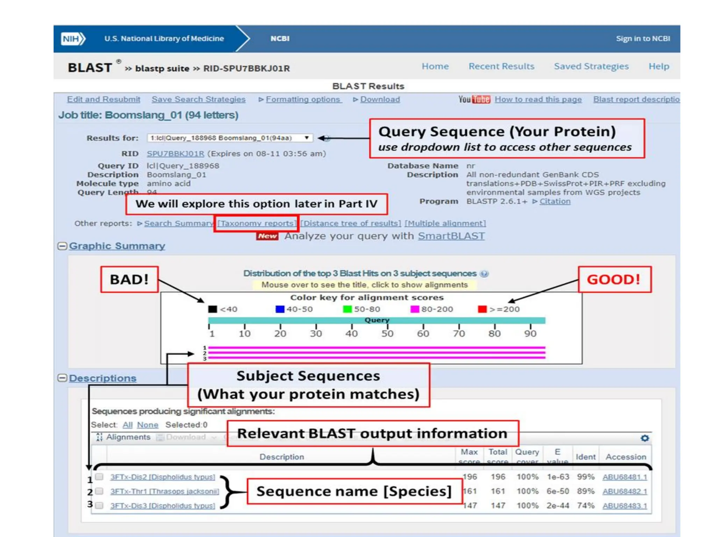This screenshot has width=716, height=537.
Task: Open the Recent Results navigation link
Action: click(x=501, y=66)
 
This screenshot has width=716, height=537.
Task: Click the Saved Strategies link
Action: click(x=591, y=66)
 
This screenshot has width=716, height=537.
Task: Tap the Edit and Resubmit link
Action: click(x=103, y=99)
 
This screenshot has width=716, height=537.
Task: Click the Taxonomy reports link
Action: click(x=257, y=223)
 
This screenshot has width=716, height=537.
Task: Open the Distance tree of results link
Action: click(x=351, y=223)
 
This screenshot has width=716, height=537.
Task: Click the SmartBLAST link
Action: click(x=451, y=236)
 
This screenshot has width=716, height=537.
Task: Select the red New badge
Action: click(x=267, y=236)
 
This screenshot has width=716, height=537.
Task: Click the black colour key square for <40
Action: click(x=213, y=309)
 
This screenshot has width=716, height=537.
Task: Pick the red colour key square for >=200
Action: click(x=482, y=309)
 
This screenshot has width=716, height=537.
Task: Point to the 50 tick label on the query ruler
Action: click(x=387, y=334)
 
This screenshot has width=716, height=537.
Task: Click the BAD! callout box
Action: click(x=129, y=279)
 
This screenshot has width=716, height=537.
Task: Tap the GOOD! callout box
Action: click(x=614, y=279)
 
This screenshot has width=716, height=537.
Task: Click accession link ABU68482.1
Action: click(x=625, y=492)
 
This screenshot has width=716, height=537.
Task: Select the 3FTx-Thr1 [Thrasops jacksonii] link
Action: click(x=165, y=492)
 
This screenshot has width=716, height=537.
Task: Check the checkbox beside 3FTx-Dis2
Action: click(x=100, y=477)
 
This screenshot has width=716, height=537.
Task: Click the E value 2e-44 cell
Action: click(x=558, y=506)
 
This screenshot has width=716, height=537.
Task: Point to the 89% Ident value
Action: click(x=586, y=491)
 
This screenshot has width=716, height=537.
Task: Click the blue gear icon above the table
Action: click(x=645, y=438)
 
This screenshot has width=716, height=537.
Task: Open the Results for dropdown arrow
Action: click(x=307, y=138)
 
